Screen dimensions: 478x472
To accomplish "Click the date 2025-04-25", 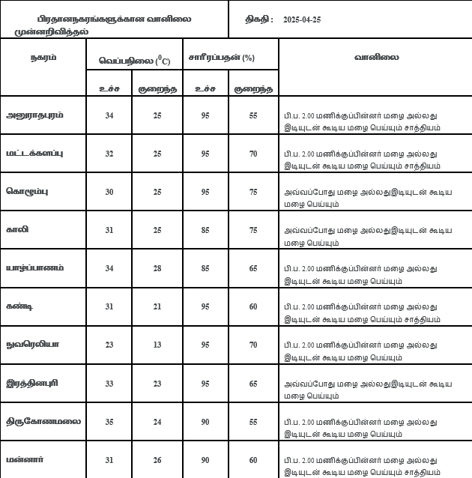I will (x=303, y=19).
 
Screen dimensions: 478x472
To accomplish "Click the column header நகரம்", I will (x=43, y=57).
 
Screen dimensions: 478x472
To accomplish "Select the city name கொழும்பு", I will (x=28, y=191).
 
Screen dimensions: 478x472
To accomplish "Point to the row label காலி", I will (x=17, y=229).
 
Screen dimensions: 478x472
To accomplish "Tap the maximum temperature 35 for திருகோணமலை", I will (x=109, y=422).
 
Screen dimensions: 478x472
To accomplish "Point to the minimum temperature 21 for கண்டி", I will (x=157, y=307).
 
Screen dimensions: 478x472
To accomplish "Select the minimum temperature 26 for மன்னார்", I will (x=157, y=460).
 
